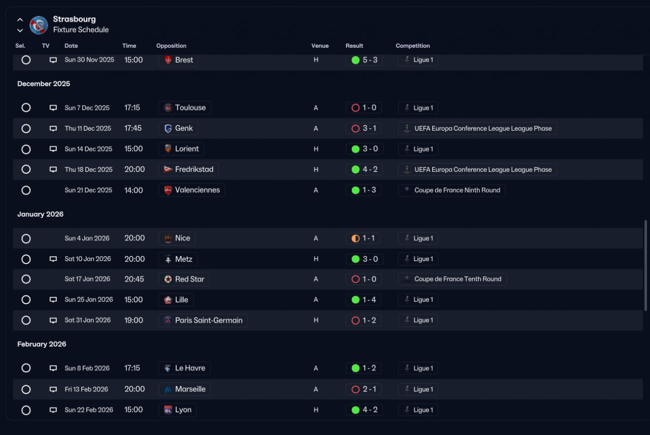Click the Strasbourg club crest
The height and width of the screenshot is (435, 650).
pos(39,25)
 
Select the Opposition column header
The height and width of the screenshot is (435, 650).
pos(171,46)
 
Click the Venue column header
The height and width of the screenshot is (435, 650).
pos(320,46)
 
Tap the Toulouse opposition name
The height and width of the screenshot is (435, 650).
pos(190,108)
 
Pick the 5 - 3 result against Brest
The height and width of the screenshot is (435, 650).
pos(370,60)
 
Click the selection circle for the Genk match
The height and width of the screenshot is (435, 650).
pos(26,128)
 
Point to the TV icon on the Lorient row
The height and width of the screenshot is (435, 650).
pos(53,149)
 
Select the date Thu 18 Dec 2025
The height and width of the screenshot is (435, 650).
pos(88,170)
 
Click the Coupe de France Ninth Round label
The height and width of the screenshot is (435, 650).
pos(457,190)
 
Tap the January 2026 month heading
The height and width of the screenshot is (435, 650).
pos(40,214)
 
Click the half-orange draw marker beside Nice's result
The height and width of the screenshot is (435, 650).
pos(355,239)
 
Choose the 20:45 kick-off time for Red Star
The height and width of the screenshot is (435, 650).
pos(134,279)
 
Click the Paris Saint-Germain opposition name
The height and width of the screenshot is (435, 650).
pos(209,320)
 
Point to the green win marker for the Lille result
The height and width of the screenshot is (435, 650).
pos(355,299)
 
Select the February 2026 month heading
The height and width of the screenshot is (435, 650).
pos(42,344)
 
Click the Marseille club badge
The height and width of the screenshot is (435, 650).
pos(168,389)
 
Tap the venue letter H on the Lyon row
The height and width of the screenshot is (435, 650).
pos(316,410)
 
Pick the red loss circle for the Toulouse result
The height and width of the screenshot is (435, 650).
pos(355,108)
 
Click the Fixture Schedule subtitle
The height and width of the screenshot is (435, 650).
pos(81,29)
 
